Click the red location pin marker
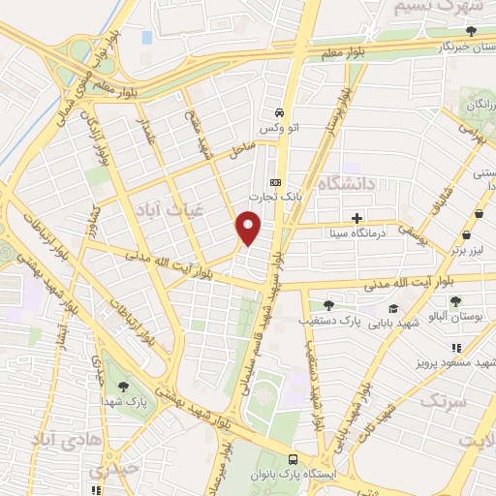(x=249, y=228)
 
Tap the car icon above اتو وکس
(x=278, y=111)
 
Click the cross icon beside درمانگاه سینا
(x=357, y=218)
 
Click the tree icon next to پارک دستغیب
(x=327, y=305)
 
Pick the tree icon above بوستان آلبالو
(x=455, y=302)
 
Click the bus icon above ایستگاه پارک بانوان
(x=292, y=459)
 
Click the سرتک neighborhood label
(x=445, y=399)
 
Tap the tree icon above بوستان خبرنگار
(x=471, y=31)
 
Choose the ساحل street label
(x=241, y=149)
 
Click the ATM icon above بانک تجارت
(x=275, y=182)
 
